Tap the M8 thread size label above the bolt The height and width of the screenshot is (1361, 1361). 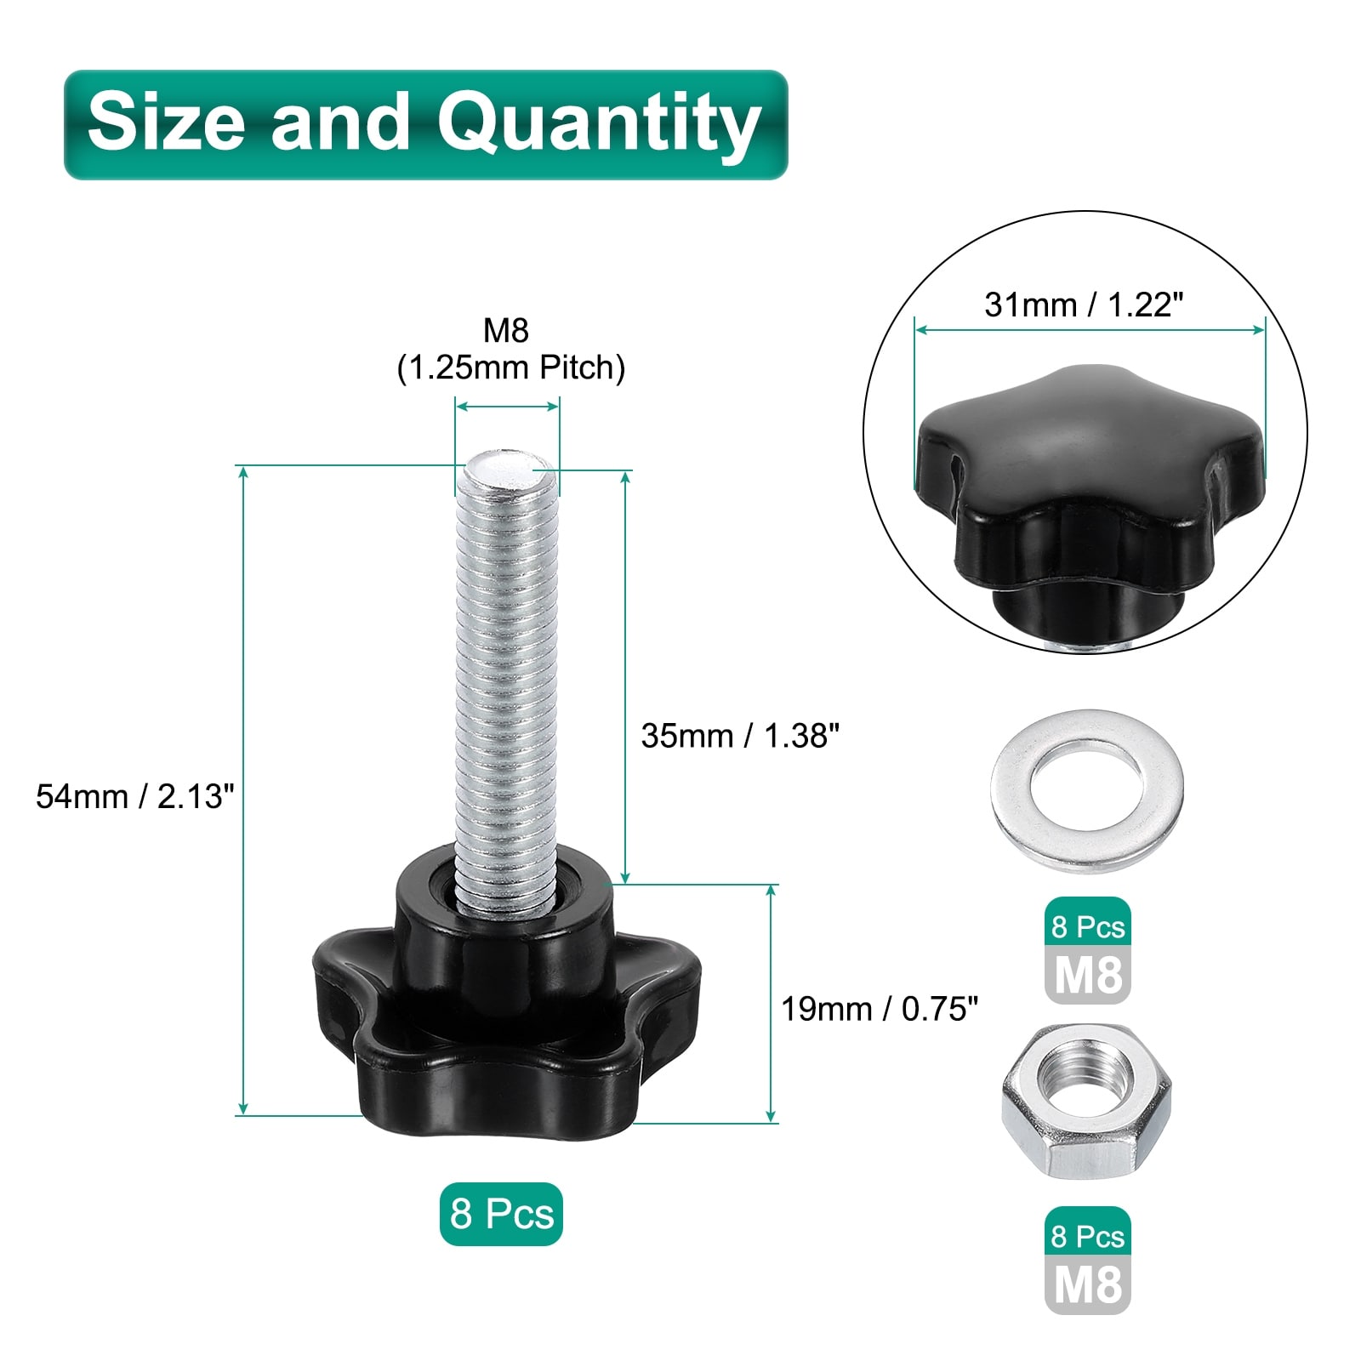click(506, 330)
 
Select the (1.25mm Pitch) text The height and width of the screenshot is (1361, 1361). click(511, 367)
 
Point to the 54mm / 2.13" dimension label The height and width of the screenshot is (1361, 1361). click(134, 797)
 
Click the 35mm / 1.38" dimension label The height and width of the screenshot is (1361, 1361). click(740, 736)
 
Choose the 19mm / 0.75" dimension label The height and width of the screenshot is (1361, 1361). click(880, 1009)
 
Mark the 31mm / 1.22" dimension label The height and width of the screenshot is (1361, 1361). click(1084, 305)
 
